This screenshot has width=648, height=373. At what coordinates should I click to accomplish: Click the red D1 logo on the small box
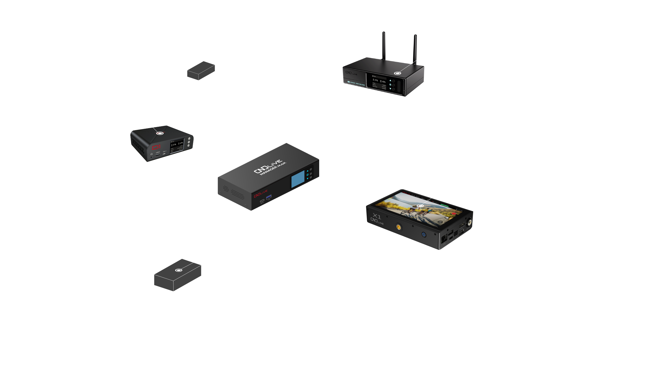click(156, 147)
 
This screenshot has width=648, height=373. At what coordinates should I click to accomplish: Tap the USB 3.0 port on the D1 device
click(158, 155)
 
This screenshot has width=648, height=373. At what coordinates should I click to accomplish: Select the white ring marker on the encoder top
click(397, 73)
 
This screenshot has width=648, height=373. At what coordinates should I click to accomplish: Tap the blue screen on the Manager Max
click(298, 179)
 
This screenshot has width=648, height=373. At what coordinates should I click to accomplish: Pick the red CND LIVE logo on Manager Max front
click(260, 194)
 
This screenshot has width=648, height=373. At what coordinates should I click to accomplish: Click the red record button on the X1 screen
click(454, 213)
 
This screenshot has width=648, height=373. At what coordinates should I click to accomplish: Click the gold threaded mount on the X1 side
click(398, 226)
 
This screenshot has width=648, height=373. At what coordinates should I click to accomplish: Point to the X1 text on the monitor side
click(377, 216)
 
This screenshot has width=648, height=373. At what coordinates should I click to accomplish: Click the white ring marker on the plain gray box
click(178, 270)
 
